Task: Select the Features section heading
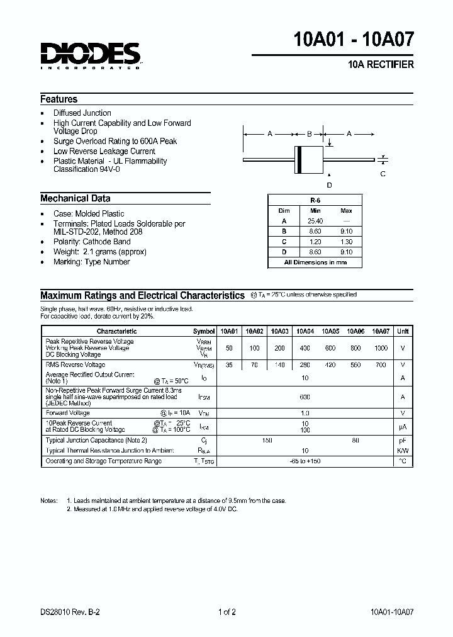[x=59, y=99]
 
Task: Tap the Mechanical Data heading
[x=75, y=198]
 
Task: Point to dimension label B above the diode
[x=310, y=133]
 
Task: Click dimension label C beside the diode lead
[x=383, y=174]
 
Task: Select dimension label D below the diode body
[x=328, y=184]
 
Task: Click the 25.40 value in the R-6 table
[x=315, y=221]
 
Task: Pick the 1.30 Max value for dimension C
[x=346, y=241]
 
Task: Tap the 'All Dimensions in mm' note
[x=315, y=262]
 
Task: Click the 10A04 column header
[x=305, y=331]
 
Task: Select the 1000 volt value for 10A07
[x=381, y=348]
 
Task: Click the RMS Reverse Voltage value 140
[x=279, y=365]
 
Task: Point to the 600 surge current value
[x=305, y=397]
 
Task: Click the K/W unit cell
[x=403, y=451]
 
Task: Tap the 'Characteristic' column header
[x=116, y=331]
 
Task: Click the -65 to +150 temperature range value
[x=305, y=461]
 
